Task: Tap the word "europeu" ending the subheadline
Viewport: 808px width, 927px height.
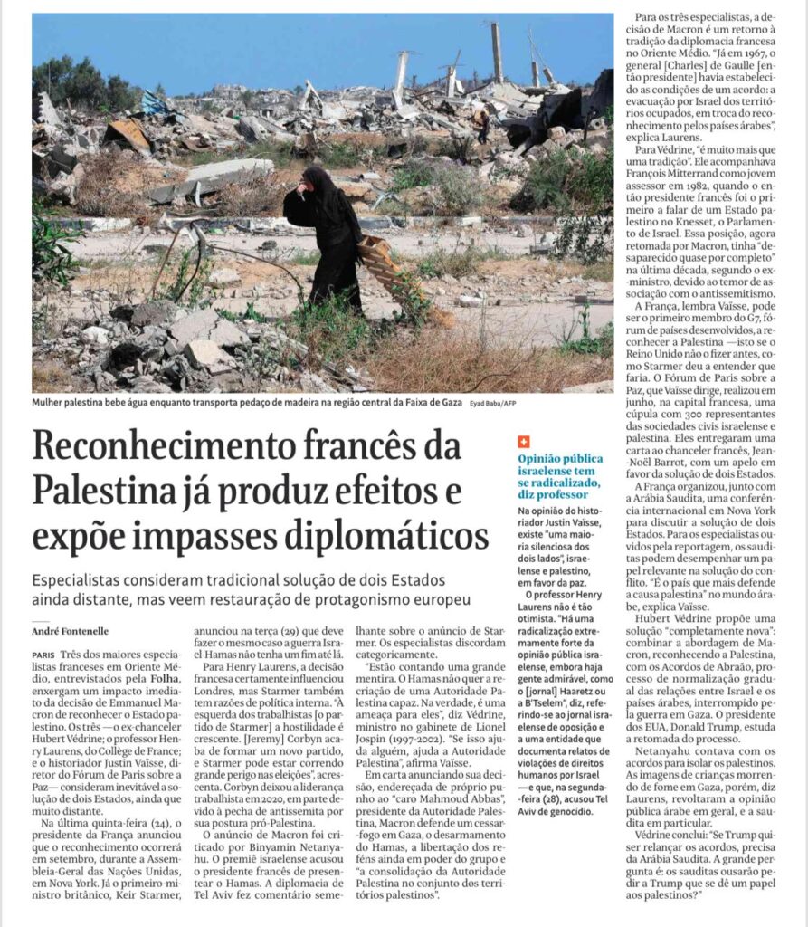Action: (x=442, y=601)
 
